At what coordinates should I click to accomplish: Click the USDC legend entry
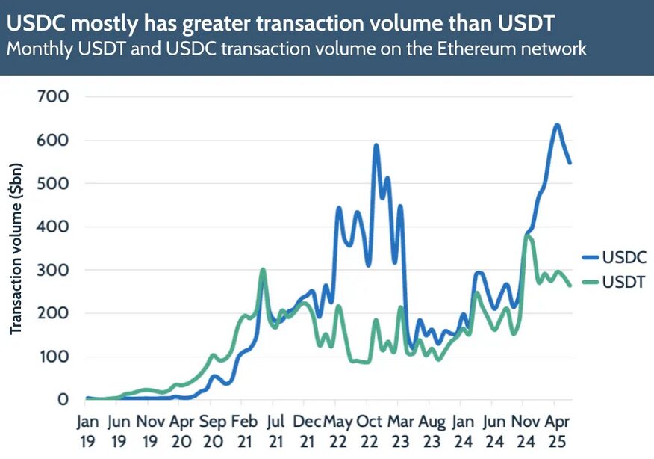(x=614, y=258)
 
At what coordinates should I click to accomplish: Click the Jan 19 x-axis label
(x=87, y=431)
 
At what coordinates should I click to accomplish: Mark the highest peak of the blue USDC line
(x=556, y=125)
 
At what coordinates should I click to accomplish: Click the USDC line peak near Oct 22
(x=376, y=145)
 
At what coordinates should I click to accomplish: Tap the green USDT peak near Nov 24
(x=528, y=236)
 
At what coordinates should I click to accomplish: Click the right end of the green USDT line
(x=570, y=285)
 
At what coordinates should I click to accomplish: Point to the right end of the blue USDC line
(x=570, y=162)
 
